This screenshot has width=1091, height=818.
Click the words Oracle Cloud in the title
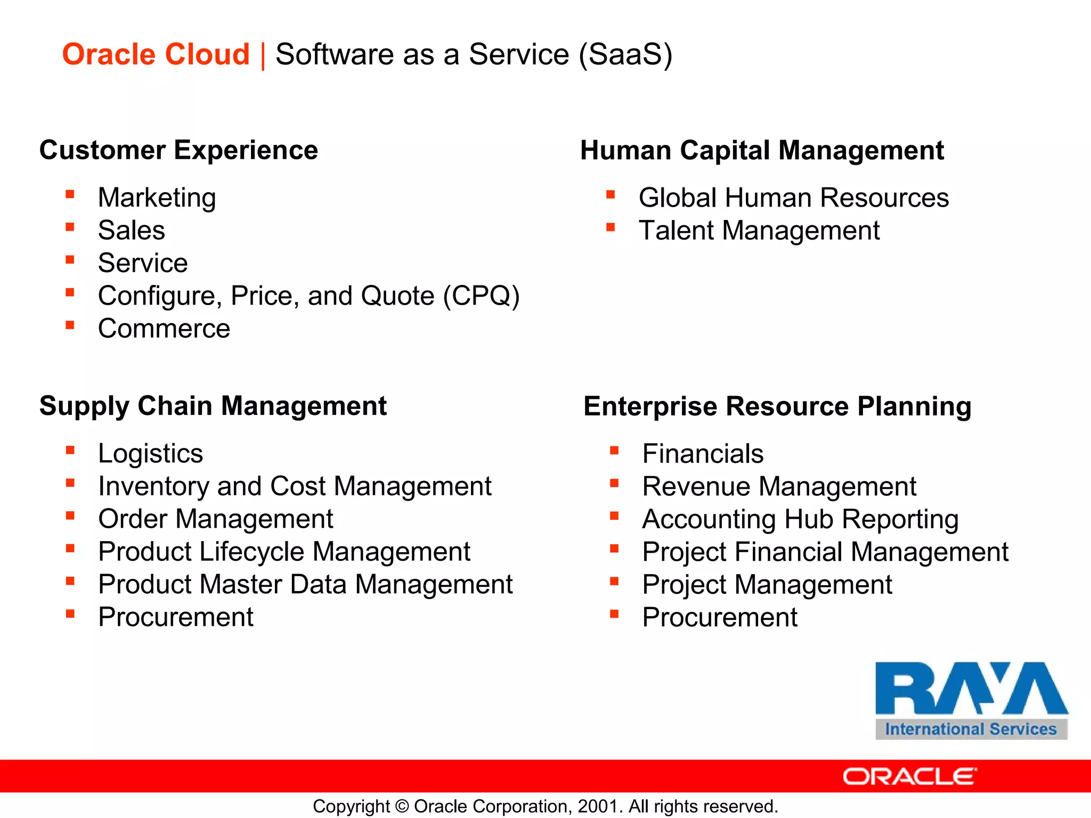[156, 54]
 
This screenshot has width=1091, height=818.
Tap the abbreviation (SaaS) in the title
[625, 54]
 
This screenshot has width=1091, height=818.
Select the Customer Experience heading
[178, 150]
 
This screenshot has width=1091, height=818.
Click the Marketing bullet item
[157, 198]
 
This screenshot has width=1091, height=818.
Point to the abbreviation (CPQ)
[481, 296]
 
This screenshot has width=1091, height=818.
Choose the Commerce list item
[164, 328]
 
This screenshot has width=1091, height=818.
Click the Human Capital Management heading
[762, 150]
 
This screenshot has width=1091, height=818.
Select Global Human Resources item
[793, 198]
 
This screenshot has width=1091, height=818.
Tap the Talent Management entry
[759, 231]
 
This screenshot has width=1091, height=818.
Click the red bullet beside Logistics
[70, 451]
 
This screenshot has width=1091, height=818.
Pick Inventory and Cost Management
[294, 486]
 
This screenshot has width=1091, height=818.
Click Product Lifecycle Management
[284, 552]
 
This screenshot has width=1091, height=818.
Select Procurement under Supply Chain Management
[175, 617]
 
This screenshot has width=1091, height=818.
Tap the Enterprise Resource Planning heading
[777, 406]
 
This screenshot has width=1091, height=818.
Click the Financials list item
[702, 454]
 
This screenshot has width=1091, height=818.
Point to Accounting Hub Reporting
[800, 519]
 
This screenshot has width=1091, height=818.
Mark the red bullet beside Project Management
[614, 582]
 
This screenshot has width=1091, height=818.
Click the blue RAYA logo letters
[971, 688]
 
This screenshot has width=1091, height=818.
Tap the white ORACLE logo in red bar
[909, 776]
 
